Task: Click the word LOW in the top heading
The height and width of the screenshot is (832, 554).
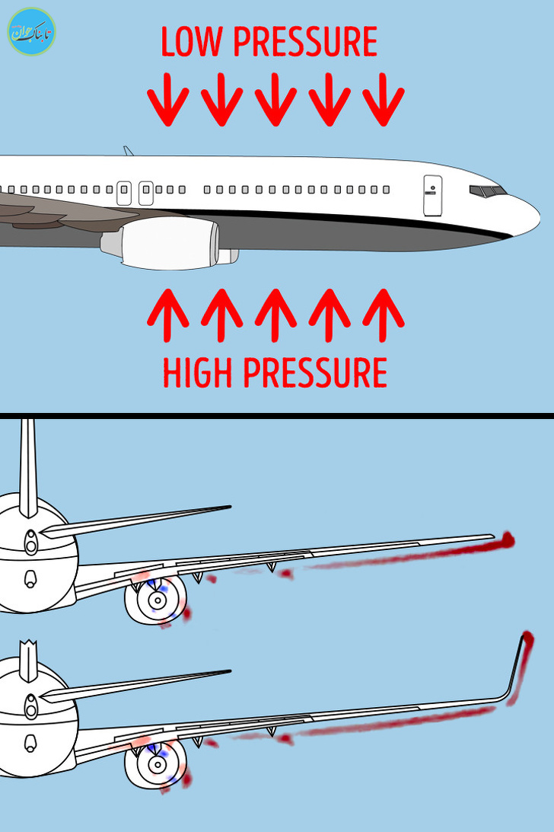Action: [x=191, y=41]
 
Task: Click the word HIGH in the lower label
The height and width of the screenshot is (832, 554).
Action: [x=197, y=373]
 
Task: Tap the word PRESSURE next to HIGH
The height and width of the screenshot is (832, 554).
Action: [x=315, y=373]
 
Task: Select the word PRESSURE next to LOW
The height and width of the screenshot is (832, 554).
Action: [x=305, y=41]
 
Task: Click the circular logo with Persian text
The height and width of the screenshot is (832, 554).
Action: [x=32, y=32]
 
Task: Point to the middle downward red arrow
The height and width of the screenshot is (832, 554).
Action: [x=275, y=99]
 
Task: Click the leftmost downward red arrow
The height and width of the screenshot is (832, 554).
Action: [x=168, y=99]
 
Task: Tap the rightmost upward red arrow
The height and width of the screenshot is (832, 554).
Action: [x=384, y=315]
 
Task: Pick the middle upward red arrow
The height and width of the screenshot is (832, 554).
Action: [x=275, y=315]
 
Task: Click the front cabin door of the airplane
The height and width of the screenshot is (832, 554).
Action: [x=432, y=196]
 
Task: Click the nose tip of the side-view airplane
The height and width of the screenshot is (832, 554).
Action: [x=540, y=218]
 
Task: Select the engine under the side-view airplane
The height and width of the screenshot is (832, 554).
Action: [x=169, y=243]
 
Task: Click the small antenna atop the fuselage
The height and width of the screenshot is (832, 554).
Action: [x=129, y=151]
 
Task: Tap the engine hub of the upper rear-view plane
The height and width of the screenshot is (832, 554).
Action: [x=157, y=600]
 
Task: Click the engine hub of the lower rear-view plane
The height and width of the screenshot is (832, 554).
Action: [x=157, y=765]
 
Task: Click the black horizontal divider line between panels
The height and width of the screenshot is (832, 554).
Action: [x=277, y=416]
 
